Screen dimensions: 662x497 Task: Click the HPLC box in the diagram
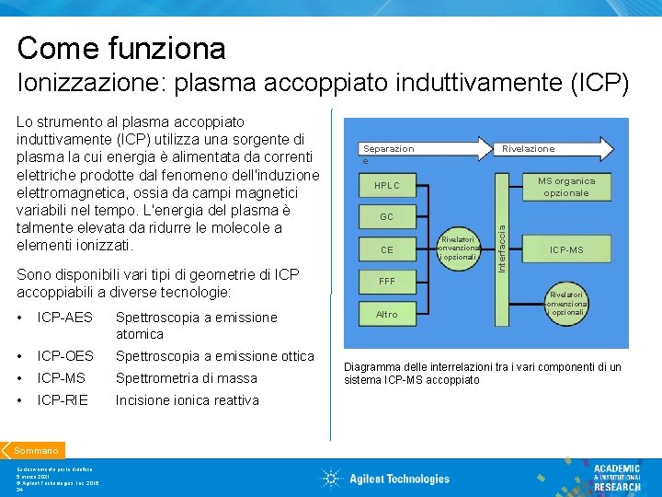click(386, 185)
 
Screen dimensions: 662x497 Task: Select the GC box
click(386, 217)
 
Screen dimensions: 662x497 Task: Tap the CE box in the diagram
click(386, 249)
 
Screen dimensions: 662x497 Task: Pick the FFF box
click(386, 282)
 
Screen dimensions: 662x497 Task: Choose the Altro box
click(386, 314)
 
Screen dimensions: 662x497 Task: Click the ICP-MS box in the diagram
click(565, 249)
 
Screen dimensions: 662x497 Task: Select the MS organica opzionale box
click(565, 187)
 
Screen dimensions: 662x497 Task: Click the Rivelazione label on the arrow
click(528, 148)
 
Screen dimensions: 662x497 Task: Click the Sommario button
click(36, 451)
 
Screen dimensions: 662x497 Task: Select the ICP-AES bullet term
click(65, 318)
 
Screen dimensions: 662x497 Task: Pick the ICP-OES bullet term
click(65, 356)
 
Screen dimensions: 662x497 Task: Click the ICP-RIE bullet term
click(63, 400)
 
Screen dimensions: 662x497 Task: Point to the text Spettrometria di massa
click(186, 378)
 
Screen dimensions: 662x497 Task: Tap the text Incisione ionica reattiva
click(187, 400)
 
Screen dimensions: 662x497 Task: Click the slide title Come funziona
click(120, 47)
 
